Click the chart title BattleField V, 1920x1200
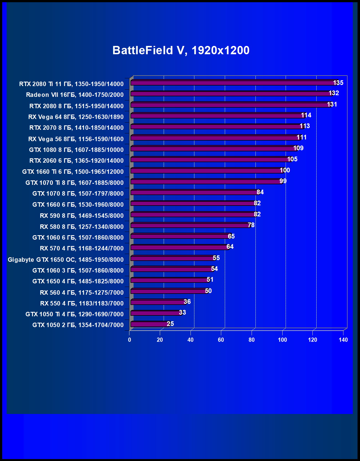(x=181, y=50)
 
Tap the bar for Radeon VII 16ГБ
(x=231, y=94)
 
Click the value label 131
(x=332, y=104)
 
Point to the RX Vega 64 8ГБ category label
(x=76, y=117)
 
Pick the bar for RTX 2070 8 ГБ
(x=217, y=126)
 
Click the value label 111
(x=302, y=137)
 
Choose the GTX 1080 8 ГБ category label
(x=76, y=150)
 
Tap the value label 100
(x=285, y=170)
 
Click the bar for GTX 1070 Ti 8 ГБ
(x=206, y=182)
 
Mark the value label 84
(x=260, y=192)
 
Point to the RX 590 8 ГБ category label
(x=82, y=216)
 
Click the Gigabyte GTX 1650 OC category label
(x=66, y=260)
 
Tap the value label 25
(x=170, y=324)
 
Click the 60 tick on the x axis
(x=221, y=340)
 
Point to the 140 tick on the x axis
(x=343, y=340)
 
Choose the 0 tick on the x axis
(x=129, y=340)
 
